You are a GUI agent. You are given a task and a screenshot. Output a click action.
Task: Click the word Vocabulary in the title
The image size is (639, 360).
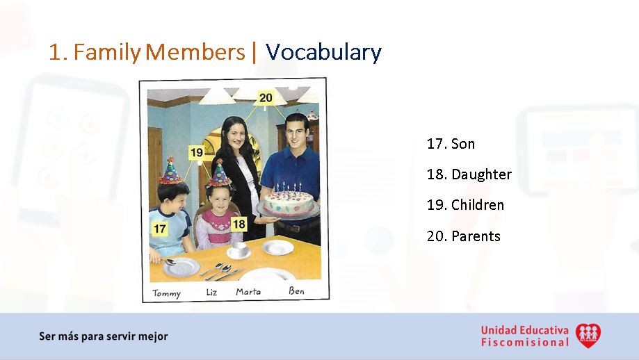323,52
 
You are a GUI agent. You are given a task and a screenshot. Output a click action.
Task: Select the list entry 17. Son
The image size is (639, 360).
451,144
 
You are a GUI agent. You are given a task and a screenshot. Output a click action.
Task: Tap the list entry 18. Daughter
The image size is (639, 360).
469,174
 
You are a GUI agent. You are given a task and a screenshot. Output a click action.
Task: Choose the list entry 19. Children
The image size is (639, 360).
465,205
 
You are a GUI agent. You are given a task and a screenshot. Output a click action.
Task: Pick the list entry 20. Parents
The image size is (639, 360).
463,236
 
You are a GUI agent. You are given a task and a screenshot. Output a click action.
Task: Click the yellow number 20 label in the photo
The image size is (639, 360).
266,98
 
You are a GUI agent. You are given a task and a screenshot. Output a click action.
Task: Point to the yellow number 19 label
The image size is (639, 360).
196,152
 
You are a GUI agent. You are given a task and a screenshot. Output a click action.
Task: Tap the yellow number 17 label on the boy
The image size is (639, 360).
160,227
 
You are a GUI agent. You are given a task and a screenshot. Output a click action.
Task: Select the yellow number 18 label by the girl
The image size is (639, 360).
238,224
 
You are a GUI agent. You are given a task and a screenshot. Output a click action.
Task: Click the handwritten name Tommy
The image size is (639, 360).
166,293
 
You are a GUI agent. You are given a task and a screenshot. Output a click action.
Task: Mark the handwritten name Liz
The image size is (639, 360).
211,292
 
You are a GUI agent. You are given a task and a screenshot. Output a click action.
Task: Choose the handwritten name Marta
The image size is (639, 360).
248,291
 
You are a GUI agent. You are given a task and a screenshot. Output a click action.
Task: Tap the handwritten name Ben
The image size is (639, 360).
296,291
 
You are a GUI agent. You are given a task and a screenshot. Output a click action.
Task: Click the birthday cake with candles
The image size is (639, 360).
287,201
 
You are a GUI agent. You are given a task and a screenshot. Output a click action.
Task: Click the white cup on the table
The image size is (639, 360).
238,248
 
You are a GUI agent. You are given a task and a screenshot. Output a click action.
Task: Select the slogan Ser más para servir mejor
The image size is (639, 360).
103,336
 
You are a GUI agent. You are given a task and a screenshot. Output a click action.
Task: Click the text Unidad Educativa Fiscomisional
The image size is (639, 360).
524,336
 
